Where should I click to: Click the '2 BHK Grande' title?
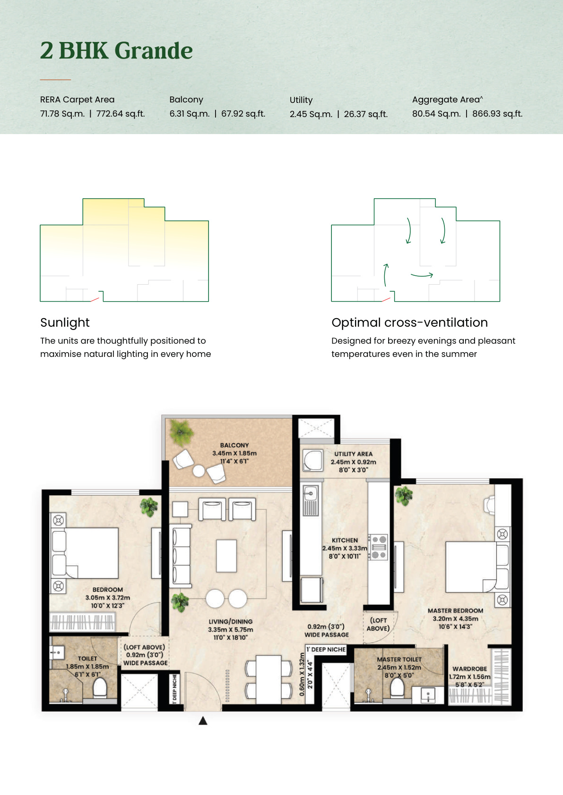tap(116, 51)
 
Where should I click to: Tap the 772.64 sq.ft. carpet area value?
tap(121, 114)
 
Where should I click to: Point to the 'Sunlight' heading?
tap(65, 322)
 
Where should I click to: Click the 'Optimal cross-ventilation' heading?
tap(409, 322)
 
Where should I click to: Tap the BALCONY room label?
tap(234, 445)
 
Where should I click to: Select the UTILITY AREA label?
tap(353, 454)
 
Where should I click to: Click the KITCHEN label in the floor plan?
tap(345, 540)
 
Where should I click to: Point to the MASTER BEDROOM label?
tap(455, 610)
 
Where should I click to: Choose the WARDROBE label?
tap(469, 668)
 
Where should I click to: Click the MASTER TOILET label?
tap(399, 659)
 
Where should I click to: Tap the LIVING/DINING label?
tap(230, 621)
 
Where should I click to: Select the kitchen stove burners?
tap(379, 547)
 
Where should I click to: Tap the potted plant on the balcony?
tap(181, 432)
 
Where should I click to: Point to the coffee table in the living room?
tap(226, 556)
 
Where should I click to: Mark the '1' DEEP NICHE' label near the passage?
tap(326, 649)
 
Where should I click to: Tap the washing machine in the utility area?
tap(313, 460)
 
